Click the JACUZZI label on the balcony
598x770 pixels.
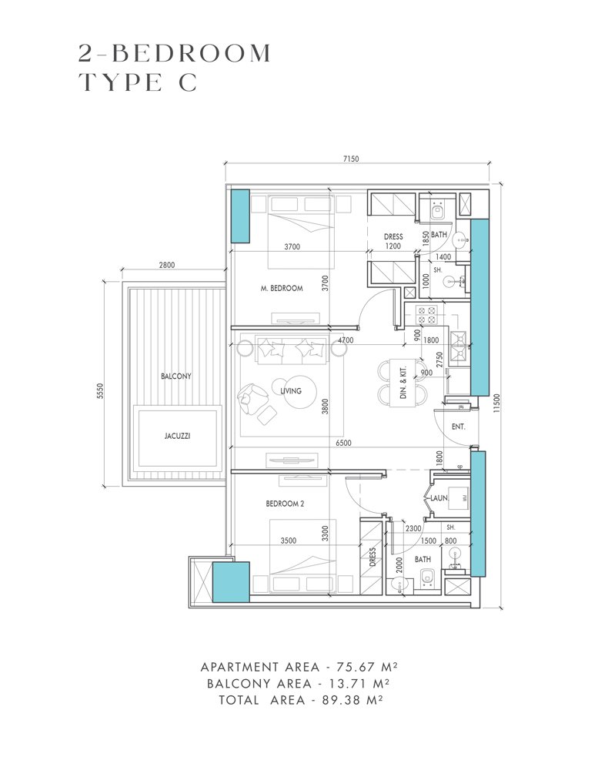coord(177,436)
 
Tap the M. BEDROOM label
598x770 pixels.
coord(282,288)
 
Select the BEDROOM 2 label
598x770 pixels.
coord(285,504)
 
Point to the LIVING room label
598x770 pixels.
coord(291,391)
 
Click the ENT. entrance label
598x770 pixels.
coord(458,427)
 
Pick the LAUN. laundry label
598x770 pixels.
coord(439,498)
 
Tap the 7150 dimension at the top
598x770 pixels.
coord(351,159)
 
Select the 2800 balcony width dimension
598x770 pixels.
coord(167,265)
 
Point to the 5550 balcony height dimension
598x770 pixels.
coord(100,391)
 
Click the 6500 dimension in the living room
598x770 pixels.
coord(343,443)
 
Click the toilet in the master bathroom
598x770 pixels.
coord(436,211)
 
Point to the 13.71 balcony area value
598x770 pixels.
coord(348,683)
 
